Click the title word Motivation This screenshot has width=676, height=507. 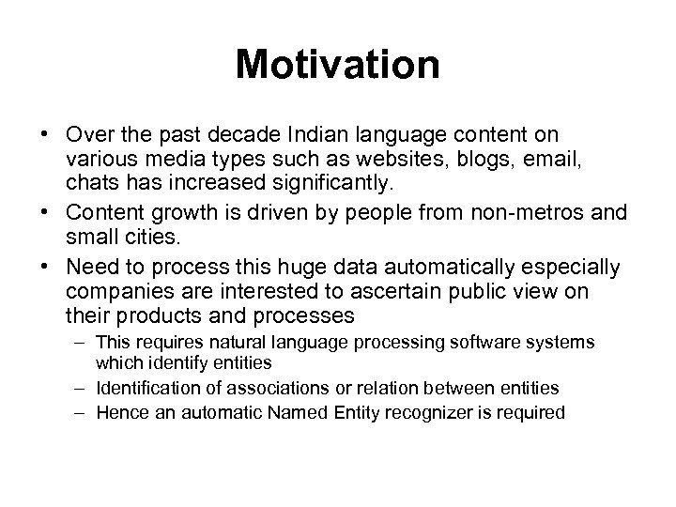(338, 65)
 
